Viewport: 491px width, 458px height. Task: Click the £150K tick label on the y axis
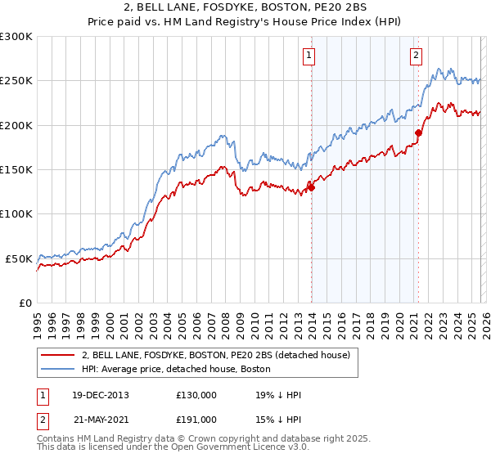16,170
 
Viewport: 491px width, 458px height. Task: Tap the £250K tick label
16,81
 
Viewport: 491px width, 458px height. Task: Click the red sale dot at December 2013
311,187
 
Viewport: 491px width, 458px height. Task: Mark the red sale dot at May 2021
418,132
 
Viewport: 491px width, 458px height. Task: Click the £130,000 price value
196,395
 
